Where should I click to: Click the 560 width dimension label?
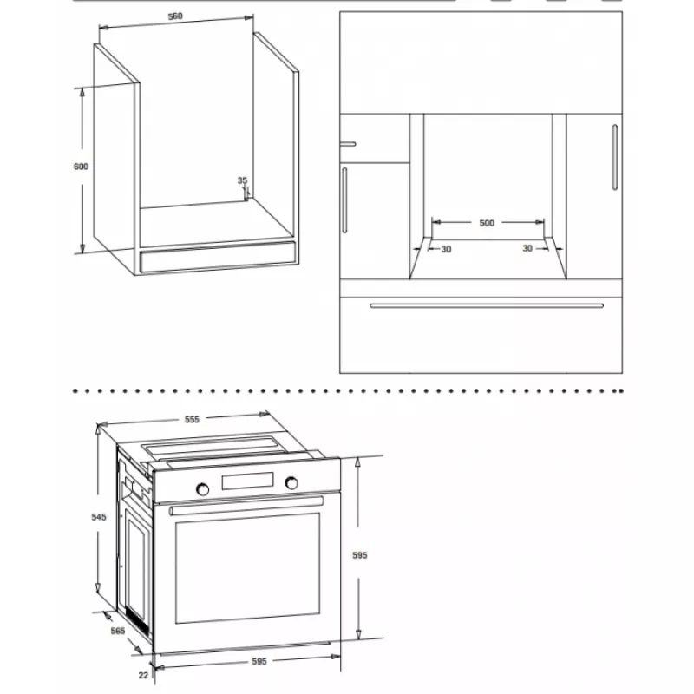tap(175, 16)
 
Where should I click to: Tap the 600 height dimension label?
tap(81, 167)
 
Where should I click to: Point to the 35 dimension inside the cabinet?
tap(242, 180)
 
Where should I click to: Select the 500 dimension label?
tap(487, 223)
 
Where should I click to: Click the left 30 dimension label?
tap(446, 250)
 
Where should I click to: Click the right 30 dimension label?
tap(527, 249)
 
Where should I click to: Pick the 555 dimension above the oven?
tap(192, 420)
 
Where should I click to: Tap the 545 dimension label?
tap(99, 517)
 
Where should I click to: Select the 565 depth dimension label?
tap(118, 631)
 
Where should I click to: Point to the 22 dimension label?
tap(143, 676)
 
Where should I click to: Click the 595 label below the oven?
tap(259, 661)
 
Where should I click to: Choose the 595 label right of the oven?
tap(360, 555)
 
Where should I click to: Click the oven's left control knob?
tap(203, 489)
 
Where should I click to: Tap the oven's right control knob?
tap(291, 483)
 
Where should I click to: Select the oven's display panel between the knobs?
tap(247, 481)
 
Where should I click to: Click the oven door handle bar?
tap(246, 506)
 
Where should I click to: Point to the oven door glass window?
tap(247, 568)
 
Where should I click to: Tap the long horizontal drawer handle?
tap(487, 305)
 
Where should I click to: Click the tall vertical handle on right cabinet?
tap(615, 157)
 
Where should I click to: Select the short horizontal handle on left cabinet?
tap(348, 144)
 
